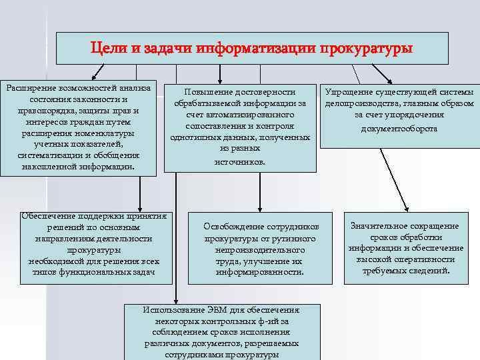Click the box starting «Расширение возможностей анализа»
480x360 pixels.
79,128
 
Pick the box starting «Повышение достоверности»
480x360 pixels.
241,125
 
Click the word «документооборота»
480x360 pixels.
399,127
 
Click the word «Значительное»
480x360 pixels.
378,225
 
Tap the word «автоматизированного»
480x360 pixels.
256,114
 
